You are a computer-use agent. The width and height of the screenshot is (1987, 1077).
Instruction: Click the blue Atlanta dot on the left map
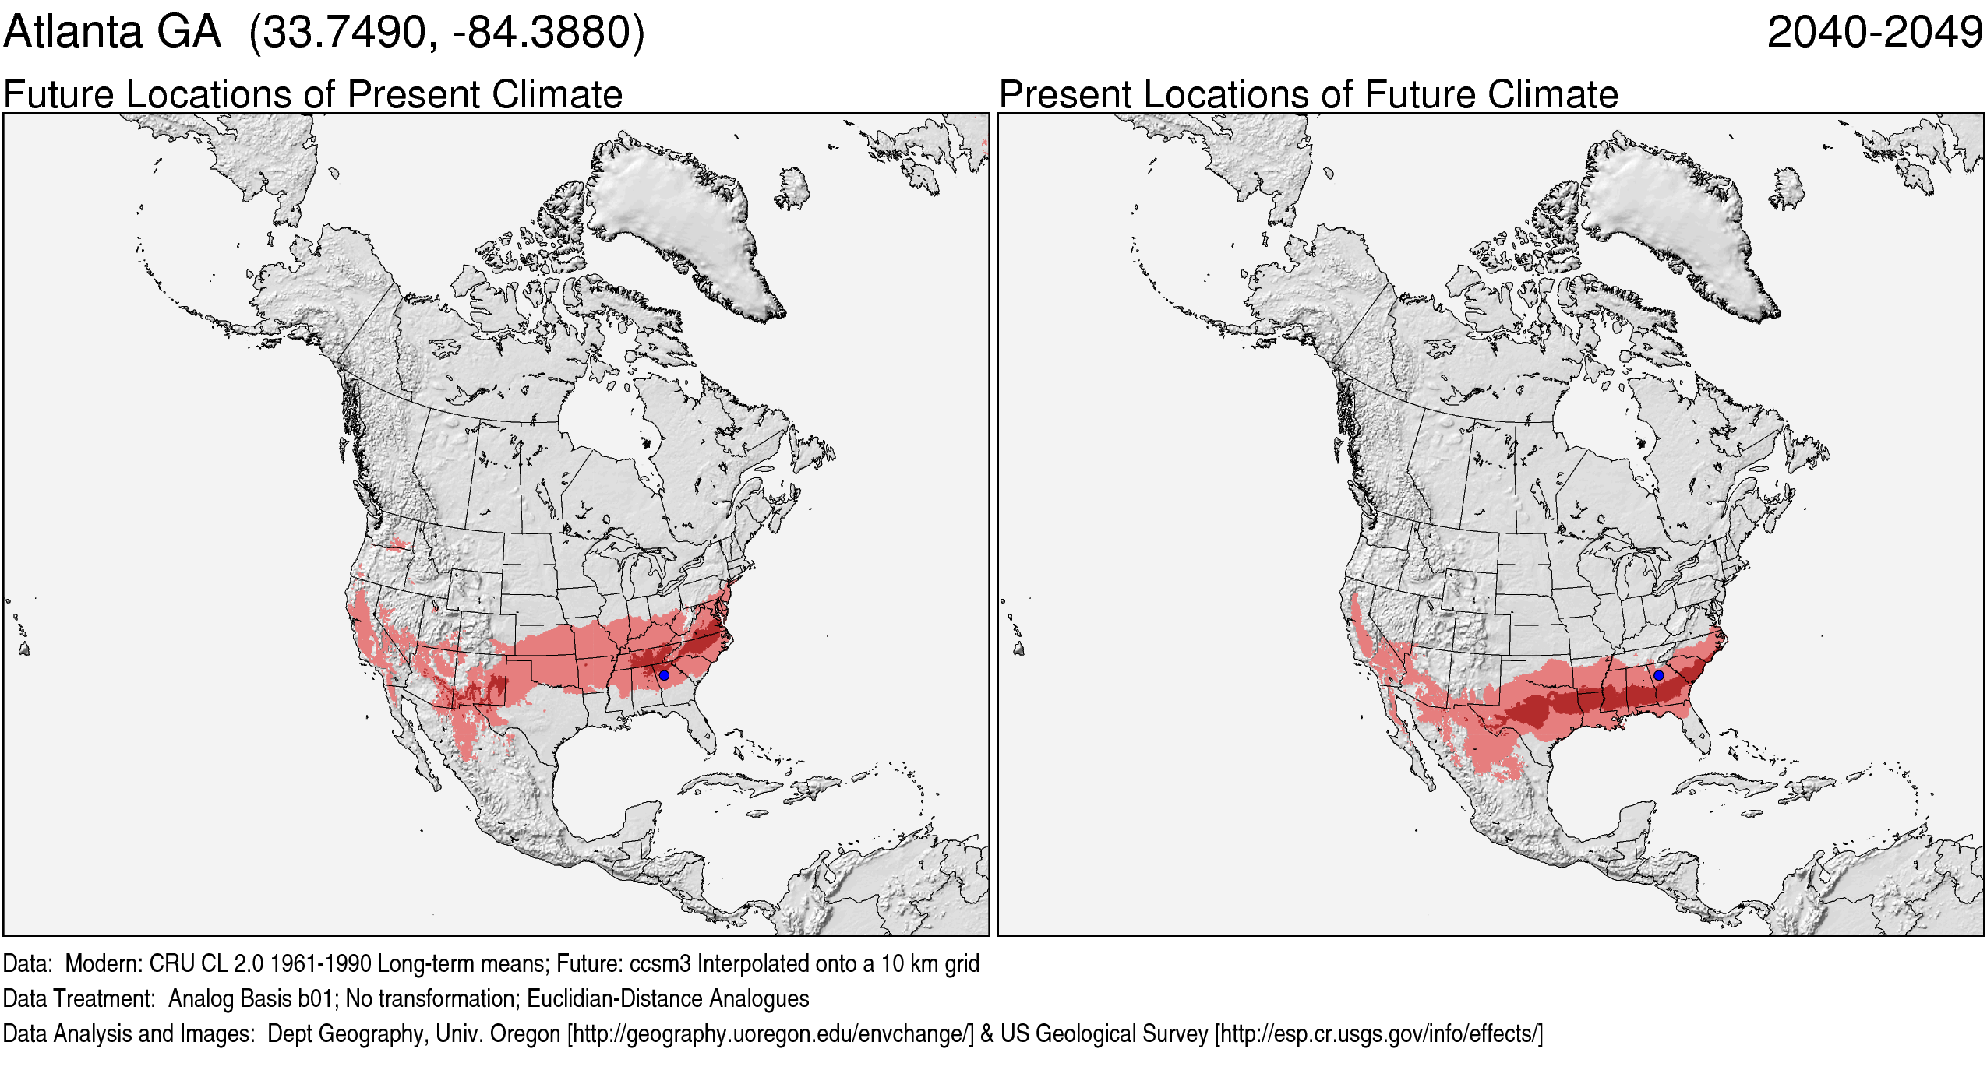pyautogui.click(x=664, y=675)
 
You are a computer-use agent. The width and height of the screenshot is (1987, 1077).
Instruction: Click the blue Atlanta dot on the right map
pyautogui.click(x=1658, y=675)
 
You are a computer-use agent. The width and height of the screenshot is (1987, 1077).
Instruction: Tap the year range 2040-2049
pyautogui.click(x=1874, y=33)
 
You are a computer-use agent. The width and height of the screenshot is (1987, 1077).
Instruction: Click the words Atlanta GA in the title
pyautogui.click(x=112, y=33)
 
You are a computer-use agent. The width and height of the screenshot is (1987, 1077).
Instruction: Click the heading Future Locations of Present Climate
pyautogui.click(x=312, y=95)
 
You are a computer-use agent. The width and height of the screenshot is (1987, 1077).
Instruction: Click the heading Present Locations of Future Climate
pyautogui.click(x=1308, y=95)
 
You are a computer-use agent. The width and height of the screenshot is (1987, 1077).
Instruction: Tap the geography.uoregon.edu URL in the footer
pyautogui.click(x=771, y=1033)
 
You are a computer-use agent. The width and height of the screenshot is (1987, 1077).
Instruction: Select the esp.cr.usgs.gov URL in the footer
pyautogui.click(x=1378, y=1033)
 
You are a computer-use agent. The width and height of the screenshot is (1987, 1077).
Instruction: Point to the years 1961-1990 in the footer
pyautogui.click(x=320, y=963)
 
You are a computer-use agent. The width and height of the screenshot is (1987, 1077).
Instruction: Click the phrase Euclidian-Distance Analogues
pyautogui.click(x=668, y=998)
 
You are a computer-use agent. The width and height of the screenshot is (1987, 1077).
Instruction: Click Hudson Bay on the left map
pyautogui.click(x=600, y=421)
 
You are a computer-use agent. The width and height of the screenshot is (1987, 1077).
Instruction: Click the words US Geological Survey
pyautogui.click(x=1103, y=1033)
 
